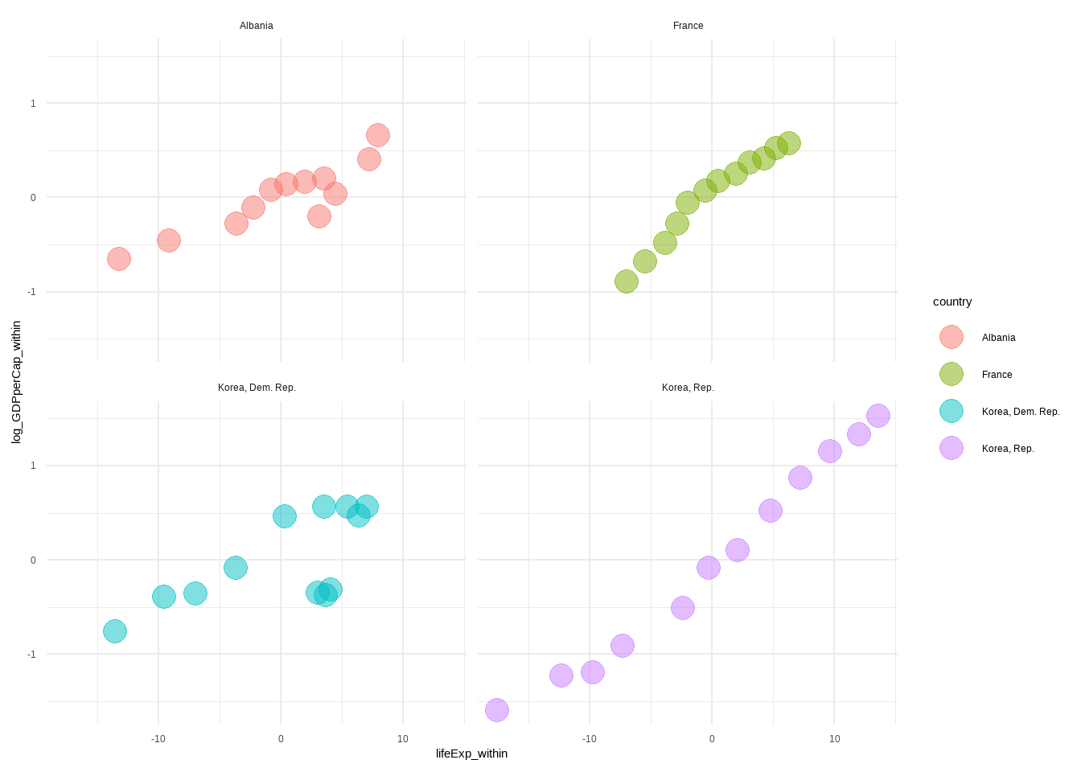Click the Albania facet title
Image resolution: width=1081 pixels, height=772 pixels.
[x=256, y=26]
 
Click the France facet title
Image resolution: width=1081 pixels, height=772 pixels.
[x=688, y=26]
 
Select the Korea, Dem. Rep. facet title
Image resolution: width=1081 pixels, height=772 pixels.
[x=257, y=388]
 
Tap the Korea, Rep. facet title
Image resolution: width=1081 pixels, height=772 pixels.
[x=688, y=388]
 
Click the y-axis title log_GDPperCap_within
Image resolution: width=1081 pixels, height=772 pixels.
[x=16, y=382]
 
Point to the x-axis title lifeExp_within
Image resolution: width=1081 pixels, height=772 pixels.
[x=471, y=754]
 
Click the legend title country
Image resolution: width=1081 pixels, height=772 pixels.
[x=952, y=302]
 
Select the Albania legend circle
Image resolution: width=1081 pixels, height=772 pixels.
[x=952, y=337]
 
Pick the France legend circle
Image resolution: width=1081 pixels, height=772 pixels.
[x=952, y=374]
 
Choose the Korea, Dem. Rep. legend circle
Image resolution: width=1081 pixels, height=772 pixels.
[x=952, y=411]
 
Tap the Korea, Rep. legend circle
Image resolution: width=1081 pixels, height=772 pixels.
[x=952, y=448]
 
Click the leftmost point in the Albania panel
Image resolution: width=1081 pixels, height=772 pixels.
[x=119, y=259]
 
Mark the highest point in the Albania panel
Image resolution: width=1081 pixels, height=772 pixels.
[x=378, y=135]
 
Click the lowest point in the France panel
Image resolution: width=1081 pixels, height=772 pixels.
[x=627, y=281]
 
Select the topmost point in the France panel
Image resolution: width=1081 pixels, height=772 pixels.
[x=789, y=143]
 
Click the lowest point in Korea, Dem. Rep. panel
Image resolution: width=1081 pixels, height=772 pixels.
[x=115, y=631]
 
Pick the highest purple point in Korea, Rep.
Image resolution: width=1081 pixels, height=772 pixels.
[x=878, y=416]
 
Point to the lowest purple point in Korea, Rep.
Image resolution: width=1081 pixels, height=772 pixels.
[x=497, y=710]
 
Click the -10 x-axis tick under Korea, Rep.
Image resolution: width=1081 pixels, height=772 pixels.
[x=590, y=739]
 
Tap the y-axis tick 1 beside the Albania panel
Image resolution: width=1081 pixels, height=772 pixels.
[x=33, y=103]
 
